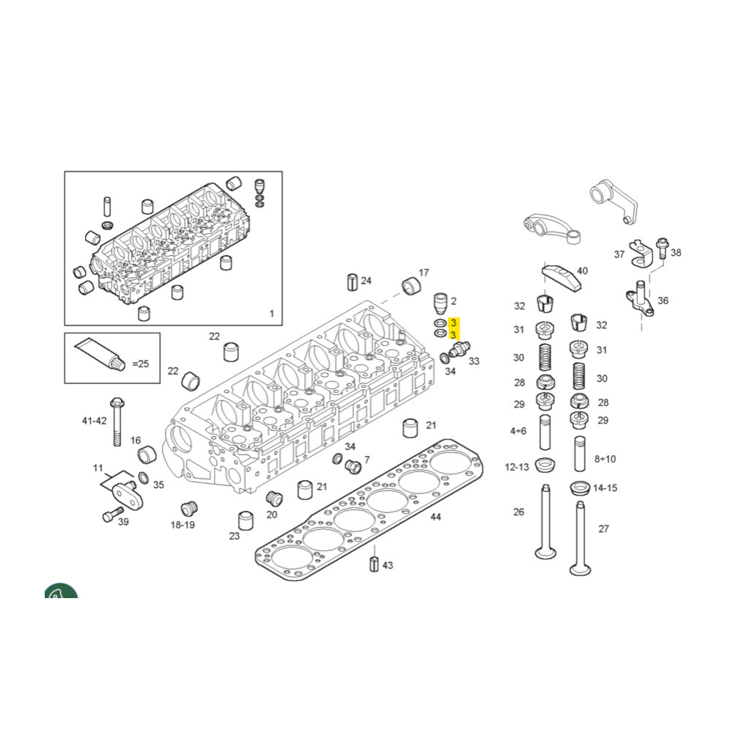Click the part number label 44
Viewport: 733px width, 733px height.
click(435, 517)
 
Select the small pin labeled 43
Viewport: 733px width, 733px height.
click(374, 564)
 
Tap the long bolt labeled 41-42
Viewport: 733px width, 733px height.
click(117, 421)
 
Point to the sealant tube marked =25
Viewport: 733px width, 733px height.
click(100, 354)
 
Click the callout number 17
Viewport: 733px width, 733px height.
click(424, 273)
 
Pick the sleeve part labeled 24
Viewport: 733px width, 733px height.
click(353, 281)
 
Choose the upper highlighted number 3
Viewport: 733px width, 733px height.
click(453, 323)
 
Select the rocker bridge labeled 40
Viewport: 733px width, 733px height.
click(561, 276)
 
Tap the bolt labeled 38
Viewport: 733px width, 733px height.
click(663, 248)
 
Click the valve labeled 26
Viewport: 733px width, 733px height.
click(545, 522)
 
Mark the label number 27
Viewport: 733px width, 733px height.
click(603, 528)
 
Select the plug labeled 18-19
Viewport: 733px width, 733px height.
click(189, 508)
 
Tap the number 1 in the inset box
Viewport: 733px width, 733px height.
click(272, 314)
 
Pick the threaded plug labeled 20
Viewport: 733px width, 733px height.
click(274, 498)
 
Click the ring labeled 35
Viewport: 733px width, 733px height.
click(144, 478)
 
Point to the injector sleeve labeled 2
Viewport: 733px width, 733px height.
click(441, 304)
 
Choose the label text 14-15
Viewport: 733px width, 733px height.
click(605, 488)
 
